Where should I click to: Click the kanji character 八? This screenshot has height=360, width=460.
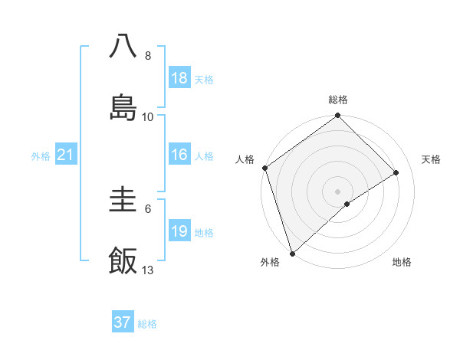(x=123, y=47)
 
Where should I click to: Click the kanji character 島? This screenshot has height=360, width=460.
(x=123, y=107)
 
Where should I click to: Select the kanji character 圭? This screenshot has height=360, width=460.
(x=123, y=201)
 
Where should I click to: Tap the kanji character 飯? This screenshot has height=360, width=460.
(x=123, y=261)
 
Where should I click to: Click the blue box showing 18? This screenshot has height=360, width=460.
(x=179, y=78)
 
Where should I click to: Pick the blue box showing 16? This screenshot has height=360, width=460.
(x=179, y=155)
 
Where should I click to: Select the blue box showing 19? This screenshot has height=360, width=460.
(x=179, y=231)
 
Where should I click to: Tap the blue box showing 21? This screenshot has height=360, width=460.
(x=66, y=155)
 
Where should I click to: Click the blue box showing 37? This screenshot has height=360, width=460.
(x=123, y=322)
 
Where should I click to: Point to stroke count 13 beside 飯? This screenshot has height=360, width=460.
(x=148, y=270)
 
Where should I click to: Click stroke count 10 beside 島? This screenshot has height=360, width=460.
(x=148, y=116)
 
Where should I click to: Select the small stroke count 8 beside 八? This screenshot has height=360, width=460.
(x=148, y=56)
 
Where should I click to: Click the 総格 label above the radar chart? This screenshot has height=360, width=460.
(x=338, y=100)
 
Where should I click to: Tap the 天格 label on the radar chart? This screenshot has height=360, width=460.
(x=432, y=159)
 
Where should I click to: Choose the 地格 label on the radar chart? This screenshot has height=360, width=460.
(x=402, y=262)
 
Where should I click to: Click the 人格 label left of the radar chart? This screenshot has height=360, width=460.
(x=245, y=159)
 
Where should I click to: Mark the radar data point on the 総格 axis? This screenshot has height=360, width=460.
(x=338, y=116)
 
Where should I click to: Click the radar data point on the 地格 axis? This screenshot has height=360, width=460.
(x=347, y=204)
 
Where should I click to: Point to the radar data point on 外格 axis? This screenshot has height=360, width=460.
(x=292, y=253)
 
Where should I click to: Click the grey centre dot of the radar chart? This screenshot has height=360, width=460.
(x=338, y=191)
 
